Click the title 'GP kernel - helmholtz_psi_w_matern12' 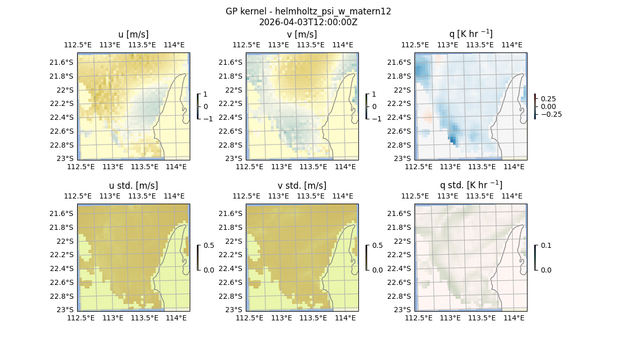click(x=308, y=11)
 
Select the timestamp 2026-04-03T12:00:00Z click(x=308, y=22)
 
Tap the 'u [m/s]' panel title click(x=133, y=34)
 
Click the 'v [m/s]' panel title click(x=302, y=34)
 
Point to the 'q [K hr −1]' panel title click(x=470, y=34)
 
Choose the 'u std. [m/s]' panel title click(x=133, y=186)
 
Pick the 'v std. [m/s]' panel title click(x=302, y=186)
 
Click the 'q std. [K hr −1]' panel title click(x=470, y=186)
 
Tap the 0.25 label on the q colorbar click(x=548, y=99)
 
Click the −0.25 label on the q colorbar click(x=551, y=114)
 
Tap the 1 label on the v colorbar click(x=374, y=94)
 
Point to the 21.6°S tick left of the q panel click(x=401, y=62)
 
